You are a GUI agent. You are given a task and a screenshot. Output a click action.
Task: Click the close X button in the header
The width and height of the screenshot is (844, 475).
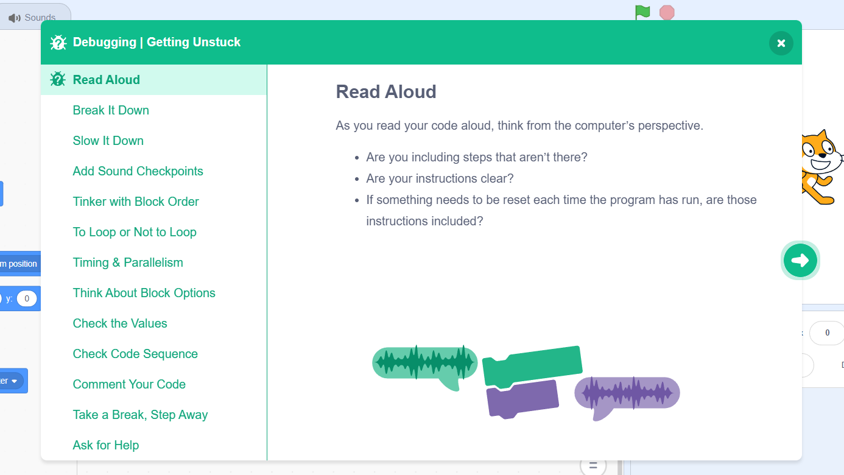coord(781,43)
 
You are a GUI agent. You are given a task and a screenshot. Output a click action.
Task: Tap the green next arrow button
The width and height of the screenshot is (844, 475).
coord(800,260)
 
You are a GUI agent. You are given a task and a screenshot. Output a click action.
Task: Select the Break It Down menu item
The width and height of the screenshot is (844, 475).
coord(111,110)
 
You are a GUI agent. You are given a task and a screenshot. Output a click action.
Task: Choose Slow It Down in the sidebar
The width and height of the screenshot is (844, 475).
coord(108,141)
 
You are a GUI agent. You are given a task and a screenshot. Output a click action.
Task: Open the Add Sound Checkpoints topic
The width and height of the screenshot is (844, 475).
coord(138,171)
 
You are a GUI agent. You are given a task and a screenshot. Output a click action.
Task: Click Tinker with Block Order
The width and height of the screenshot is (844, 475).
coord(136,202)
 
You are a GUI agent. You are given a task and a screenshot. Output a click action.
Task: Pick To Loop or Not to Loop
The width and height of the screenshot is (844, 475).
coord(135,233)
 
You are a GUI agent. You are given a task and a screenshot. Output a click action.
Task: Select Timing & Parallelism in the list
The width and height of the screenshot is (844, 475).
coord(128,262)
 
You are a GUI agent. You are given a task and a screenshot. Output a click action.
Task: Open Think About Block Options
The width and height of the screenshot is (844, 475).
coord(144,293)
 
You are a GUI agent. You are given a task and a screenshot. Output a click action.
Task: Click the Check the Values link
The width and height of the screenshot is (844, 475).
coord(120,323)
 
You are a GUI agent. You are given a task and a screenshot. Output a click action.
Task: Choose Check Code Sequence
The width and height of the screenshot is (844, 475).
coord(135,354)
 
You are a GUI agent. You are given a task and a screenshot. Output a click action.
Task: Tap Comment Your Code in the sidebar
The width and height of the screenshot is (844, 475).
coord(129,385)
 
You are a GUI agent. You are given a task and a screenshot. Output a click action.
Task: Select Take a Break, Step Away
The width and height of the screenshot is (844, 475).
coord(140,415)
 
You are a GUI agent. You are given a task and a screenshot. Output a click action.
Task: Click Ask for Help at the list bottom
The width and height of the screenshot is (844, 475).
coord(106,446)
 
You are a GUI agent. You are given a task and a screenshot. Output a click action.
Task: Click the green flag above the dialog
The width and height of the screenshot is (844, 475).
coord(642,12)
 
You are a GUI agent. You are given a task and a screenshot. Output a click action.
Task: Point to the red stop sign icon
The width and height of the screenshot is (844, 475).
coord(667,13)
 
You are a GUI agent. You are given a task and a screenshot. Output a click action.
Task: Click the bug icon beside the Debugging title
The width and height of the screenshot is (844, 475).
coord(58,43)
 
